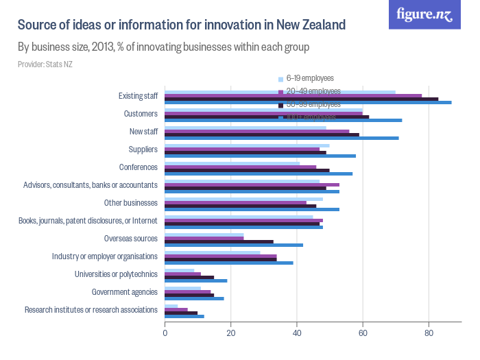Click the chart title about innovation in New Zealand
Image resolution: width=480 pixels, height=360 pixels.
pos(181,25)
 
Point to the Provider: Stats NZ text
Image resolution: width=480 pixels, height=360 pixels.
pos(45,64)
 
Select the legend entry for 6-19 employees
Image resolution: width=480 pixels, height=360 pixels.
pos(309,78)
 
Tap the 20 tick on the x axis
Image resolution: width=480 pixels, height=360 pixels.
pos(231,333)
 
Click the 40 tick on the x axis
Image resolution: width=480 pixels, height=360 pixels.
pos(297,333)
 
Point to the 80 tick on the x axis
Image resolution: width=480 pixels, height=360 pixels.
pos(429,333)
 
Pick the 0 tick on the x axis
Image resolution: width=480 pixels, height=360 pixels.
pos(165,333)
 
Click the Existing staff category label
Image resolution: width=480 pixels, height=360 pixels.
pos(138,96)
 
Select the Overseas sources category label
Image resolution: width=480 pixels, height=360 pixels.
pos(131,239)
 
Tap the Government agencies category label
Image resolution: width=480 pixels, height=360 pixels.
pos(125,292)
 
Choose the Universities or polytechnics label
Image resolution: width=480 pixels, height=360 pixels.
pos(116,274)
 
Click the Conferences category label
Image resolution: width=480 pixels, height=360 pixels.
pos(139,167)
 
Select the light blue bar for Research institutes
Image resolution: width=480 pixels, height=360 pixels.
pos(171,306)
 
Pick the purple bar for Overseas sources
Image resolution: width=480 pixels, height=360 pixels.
pos(204,239)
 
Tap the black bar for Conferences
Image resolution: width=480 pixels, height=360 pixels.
pos(247,170)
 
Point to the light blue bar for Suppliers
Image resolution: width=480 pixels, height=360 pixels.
pos(247,145)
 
